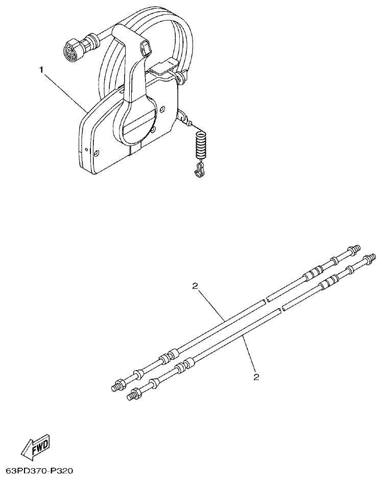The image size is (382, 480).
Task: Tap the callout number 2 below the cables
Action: tap(256, 377)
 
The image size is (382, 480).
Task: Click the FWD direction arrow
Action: tap(35, 448)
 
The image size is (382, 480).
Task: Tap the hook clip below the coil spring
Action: tap(199, 171)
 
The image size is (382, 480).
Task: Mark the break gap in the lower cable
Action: tap(281, 310)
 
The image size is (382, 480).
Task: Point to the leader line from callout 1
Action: tap(64, 89)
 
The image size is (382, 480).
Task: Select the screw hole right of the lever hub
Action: tap(162, 109)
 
